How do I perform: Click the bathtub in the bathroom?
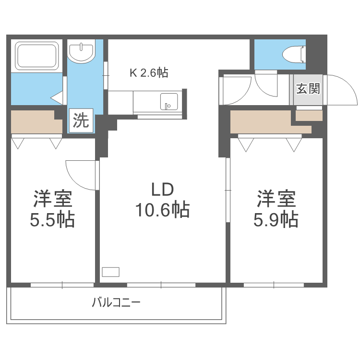(x=37, y=55)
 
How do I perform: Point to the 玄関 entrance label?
(x=308, y=89)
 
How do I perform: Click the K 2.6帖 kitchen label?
(x=149, y=73)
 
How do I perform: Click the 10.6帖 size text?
(x=162, y=210)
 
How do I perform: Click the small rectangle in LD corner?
(x=110, y=272)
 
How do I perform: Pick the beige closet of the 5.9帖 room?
(x=262, y=122)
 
